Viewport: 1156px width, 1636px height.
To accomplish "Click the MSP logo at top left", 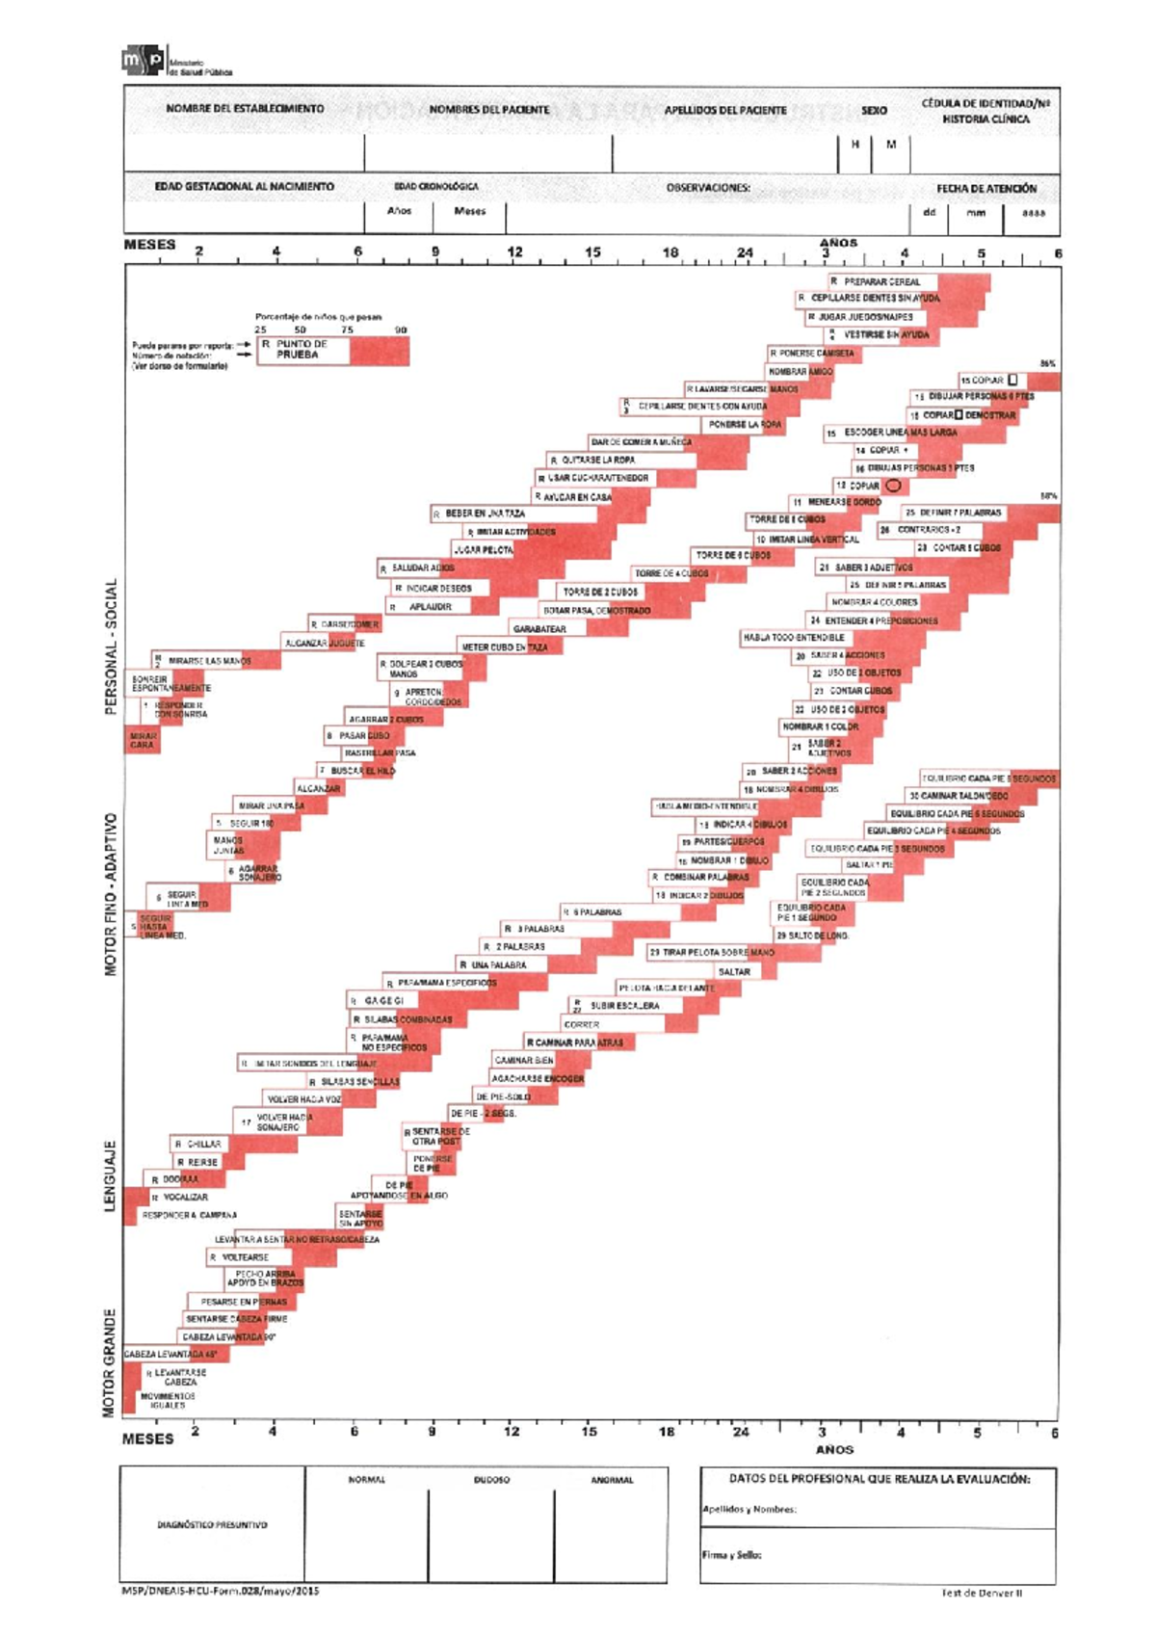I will click(143, 61).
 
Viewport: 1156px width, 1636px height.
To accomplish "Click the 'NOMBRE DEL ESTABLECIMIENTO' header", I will click(245, 109).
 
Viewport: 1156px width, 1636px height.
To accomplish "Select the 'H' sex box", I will click(854, 145).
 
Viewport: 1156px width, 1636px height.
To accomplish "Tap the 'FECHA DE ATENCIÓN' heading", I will click(985, 189).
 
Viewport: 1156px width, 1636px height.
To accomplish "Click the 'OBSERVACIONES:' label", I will click(708, 188).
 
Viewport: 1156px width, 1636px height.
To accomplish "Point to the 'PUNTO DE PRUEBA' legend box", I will click(302, 349).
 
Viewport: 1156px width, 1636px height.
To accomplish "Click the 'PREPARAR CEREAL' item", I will click(881, 281).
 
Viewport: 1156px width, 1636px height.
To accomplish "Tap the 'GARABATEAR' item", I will click(539, 629).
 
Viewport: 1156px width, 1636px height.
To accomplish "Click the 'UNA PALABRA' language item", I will click(498, 964).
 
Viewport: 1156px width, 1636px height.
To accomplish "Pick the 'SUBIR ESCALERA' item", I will click(624, 1005).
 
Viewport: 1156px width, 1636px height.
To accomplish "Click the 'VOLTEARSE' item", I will click(245, 1257).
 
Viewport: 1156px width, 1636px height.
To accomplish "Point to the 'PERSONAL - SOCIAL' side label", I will click(111, 646).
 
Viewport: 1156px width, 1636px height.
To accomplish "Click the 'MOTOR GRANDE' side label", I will click(109, 1361).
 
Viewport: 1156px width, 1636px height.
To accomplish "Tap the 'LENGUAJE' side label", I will click(110, 1175).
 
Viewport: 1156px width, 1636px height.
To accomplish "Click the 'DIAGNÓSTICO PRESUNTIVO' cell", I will click(212, 1525).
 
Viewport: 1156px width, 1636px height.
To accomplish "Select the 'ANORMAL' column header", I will click(612, 1480).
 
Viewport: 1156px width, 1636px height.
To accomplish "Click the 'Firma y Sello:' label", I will click(731, 1554).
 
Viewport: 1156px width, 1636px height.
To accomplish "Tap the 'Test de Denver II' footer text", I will click(982, 1593).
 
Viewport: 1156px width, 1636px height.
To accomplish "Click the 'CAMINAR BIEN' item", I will click(524, 1060).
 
